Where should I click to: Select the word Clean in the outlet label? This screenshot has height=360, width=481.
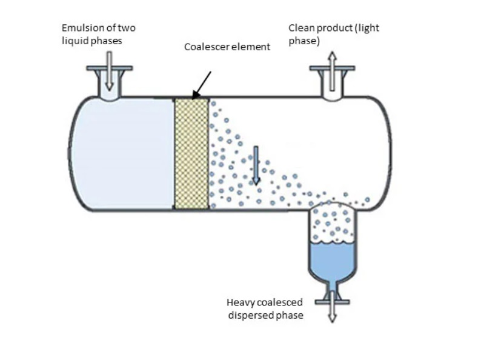click(x=302, y=28)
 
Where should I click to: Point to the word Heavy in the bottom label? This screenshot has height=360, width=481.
click(x=241, y=302)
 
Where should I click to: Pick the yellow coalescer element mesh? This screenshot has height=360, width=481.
click(x=191, y=154)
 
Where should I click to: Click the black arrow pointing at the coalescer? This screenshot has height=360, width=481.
click(x=202, y=85)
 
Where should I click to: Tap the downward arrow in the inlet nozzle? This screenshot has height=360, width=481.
click(x=109, y=71)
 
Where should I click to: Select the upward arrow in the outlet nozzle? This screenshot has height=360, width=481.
click(x=332, y=71)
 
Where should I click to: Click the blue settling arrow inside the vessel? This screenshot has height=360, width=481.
click(x=256, y=165)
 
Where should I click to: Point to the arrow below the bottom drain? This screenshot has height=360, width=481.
click(x=332, y=307)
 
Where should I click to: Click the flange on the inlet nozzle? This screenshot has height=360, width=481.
click(x=110, y=68)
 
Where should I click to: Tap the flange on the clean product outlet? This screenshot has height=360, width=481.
click(x=332, y=68)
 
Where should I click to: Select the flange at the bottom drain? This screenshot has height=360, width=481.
click(x=332, y=302)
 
